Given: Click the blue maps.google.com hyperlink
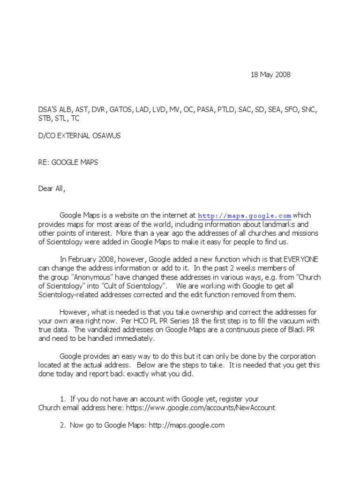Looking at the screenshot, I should [x=244, y=216].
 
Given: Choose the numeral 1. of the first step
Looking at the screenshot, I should [x=63, y=399].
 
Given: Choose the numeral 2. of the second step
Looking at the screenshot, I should [x=63, y=426].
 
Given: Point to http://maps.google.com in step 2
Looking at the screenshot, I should [x=187, y=426].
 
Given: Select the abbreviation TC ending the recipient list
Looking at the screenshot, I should [x=75, y=119].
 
